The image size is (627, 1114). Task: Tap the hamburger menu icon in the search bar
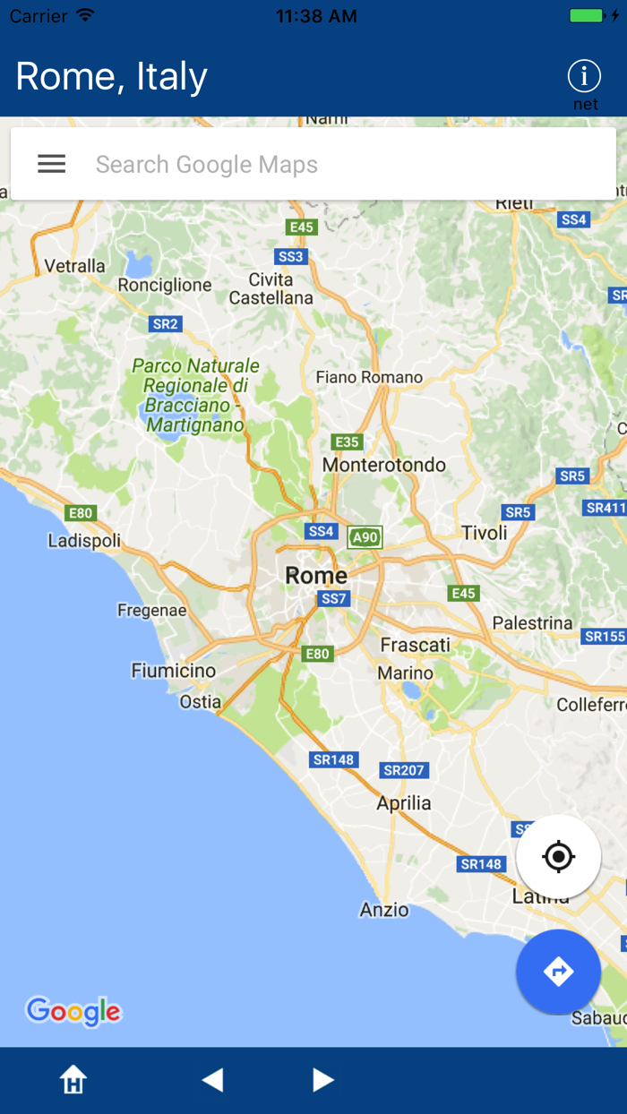point(51,164)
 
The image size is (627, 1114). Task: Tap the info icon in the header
point(584,76)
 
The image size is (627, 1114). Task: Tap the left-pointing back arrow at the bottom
point(212,1080)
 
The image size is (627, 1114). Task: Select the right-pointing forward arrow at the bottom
point(323,1080)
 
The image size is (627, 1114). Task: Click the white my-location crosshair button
point(558,857)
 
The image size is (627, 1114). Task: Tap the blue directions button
point(558,972)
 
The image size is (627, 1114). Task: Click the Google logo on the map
point(73,1012)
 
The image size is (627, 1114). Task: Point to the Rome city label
point(316,576)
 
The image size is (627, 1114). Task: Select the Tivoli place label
point(485,533)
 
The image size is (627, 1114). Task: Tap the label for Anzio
point(384,910)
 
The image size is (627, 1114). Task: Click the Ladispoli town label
point(84,541)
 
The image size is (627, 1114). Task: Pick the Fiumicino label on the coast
point(174,671)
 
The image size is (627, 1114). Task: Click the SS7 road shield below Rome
point(333,598)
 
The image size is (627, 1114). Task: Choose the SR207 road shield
point(405,770)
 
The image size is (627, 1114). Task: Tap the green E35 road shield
point(347,441)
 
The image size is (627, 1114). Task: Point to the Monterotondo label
point(384,465)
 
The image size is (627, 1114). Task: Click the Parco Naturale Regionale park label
point(196,395)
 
